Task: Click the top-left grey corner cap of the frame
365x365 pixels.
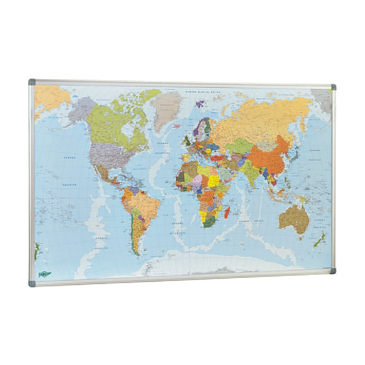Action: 32,82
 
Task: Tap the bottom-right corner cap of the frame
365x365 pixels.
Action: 333,271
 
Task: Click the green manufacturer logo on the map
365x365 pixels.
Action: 45,274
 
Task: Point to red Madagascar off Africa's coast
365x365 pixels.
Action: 227,211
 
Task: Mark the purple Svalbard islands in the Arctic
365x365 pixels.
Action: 200,104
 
